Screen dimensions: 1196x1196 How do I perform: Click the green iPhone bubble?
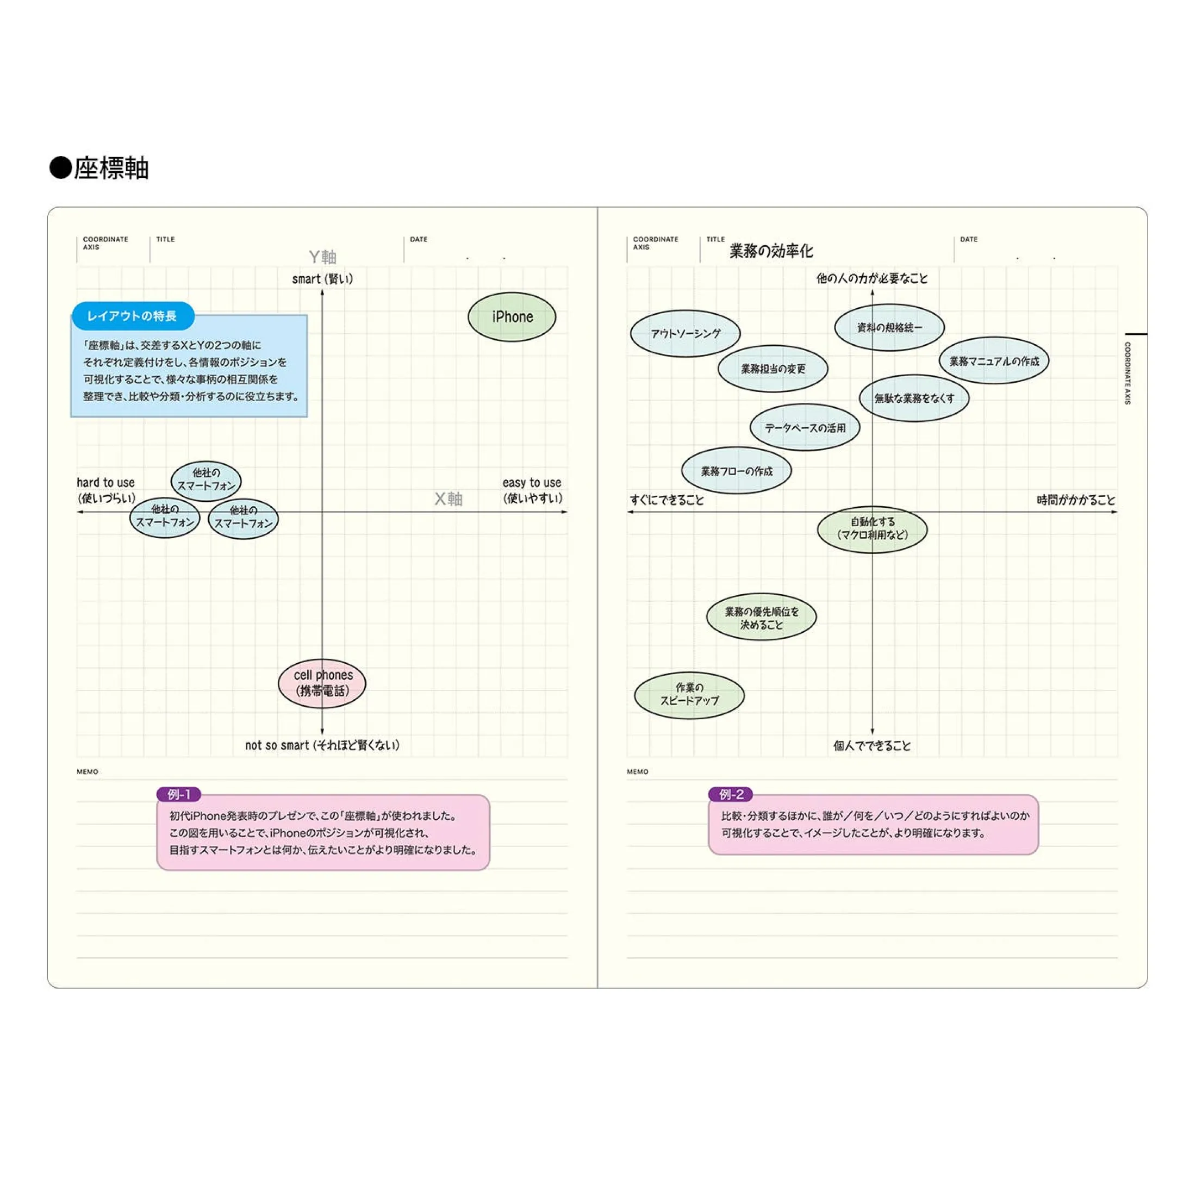pos(512,317)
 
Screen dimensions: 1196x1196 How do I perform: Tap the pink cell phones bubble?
pos(322,683)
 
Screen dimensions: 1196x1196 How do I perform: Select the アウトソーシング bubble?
pos(686,334)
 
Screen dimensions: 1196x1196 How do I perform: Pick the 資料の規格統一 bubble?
pos(889,327)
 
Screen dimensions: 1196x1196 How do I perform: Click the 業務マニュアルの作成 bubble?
pos(994,361)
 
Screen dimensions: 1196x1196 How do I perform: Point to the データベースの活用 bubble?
pos(805,428)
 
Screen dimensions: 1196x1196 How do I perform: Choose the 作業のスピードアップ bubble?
pos(689,695)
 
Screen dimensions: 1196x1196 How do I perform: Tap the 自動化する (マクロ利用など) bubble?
pos(871,528)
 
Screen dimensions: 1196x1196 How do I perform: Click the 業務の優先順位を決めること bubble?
pos(762,618)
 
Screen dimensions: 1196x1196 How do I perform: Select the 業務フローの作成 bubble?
pos(736,471)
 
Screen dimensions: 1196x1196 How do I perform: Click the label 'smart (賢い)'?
pos(322,279)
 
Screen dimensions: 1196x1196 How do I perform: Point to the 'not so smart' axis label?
pos(322,745)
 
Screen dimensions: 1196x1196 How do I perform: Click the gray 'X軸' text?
pos(448,499)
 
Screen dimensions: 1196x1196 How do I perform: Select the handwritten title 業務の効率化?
pos(771,251)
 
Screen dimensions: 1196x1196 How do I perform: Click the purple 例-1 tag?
pos(179,794)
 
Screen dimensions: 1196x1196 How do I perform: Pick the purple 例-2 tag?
pos(731,794)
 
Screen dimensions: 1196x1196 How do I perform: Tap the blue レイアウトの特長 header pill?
pos(133,316)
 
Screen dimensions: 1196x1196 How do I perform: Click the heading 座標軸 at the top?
pos(111,169)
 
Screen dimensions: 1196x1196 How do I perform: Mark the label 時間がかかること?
pos(1075,500)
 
